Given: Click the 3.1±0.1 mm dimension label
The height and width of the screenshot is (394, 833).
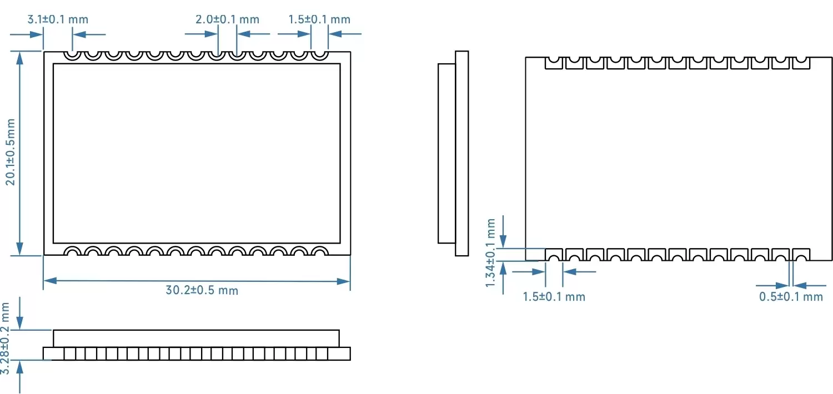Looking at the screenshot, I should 58,19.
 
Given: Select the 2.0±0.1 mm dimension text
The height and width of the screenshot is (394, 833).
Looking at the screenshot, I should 227,19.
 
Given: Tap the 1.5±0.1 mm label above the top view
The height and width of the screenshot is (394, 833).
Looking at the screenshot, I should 319,19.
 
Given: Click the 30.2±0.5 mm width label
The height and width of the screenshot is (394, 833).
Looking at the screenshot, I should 202,290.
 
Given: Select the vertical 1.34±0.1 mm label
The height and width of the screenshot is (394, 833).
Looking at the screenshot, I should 490,252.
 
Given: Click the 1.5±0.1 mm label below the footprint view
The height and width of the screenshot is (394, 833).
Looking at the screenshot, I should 554,296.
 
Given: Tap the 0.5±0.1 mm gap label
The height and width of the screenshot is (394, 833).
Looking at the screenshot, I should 791,296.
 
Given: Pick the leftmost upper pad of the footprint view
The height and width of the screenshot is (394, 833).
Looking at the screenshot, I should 553,63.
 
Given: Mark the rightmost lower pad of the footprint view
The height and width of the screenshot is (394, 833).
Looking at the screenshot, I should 800,255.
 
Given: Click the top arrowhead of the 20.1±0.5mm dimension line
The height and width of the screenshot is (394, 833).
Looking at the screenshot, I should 21,57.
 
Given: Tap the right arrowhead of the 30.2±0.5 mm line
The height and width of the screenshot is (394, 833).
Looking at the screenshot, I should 345,281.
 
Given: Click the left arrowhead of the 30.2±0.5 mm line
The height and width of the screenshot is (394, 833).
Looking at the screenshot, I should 49,281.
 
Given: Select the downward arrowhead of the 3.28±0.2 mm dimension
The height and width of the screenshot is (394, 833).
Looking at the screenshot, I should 20,324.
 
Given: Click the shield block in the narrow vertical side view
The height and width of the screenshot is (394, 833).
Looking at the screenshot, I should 446,153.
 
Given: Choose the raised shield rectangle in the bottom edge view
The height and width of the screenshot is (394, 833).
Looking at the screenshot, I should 196,338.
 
